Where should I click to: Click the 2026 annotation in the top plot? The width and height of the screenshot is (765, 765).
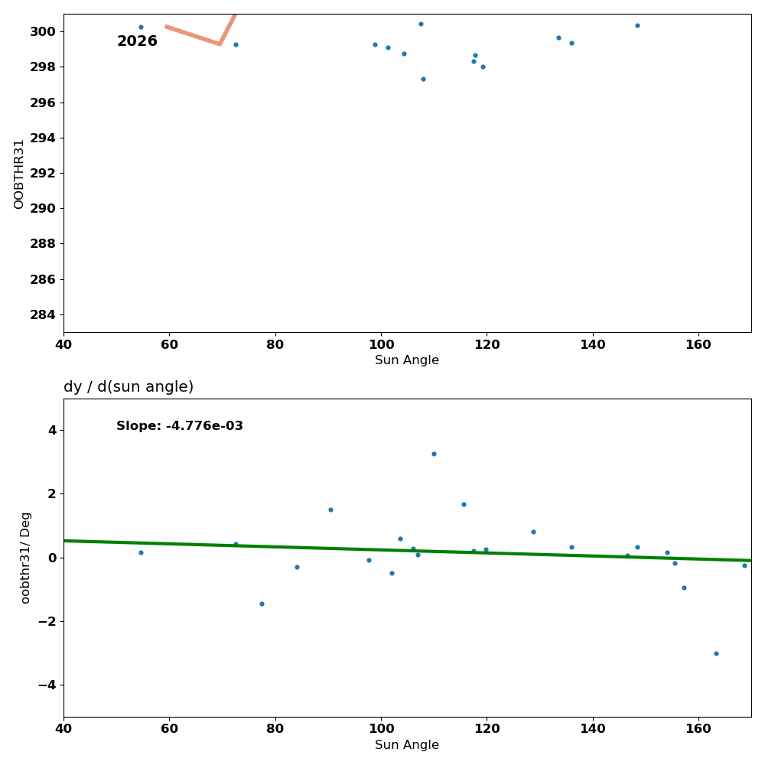[x=137, y=41]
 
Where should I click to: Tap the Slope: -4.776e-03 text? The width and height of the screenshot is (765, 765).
[x=180, y=426]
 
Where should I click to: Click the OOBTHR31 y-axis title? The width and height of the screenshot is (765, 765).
[x=19, y=174]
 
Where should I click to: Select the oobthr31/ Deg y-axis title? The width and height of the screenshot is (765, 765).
[x=26, y=558]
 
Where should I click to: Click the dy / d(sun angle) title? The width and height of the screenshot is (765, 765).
[x=129, y=387]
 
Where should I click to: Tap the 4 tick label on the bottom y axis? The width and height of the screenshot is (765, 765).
[x=52, y=430]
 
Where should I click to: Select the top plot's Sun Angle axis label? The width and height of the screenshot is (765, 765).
[x=407, y=360]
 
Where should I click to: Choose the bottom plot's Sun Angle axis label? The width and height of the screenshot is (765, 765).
[x=407, y=745]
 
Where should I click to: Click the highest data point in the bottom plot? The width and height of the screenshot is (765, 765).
[x=434, y=454]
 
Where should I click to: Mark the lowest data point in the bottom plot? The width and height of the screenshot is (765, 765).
[x=716, y=653]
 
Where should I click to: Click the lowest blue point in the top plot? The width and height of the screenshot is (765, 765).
[x=423, y=79]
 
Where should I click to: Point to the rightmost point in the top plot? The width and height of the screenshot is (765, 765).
[x=637, y=25]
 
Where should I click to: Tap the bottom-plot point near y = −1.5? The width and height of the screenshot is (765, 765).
[x=262, y=604]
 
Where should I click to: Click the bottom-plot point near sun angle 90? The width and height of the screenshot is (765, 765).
[x=330, y=509]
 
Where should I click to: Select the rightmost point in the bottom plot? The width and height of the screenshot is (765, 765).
[x=744, y=565]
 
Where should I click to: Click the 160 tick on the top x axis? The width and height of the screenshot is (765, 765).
[x=698, y=344]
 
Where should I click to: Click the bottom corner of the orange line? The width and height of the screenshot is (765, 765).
[x=220, y=44]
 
